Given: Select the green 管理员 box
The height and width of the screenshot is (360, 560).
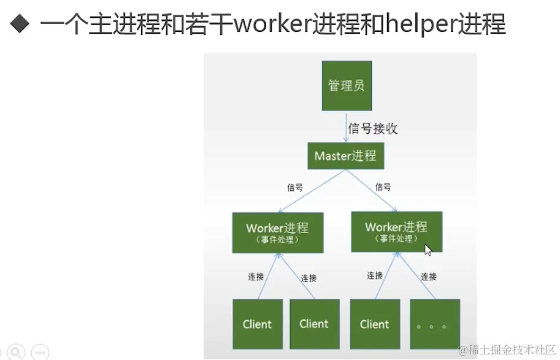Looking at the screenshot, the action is [x=347, y=85].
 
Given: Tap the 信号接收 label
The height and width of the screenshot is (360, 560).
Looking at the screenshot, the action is [x=373, y=128].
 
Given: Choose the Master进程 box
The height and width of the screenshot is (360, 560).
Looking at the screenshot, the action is [x=345, y=156].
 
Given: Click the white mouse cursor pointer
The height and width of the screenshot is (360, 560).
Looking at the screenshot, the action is [x=428, y=249].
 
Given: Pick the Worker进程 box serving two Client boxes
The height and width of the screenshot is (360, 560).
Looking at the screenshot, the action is [x=277, y=232].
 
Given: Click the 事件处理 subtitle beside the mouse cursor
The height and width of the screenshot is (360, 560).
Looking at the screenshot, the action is [x=396, y=239].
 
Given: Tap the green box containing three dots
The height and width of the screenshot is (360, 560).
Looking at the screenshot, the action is [x=435, y=324].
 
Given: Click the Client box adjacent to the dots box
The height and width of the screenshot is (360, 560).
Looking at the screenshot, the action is [x=375, y=324].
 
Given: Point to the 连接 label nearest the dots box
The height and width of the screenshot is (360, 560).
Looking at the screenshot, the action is [x=429, y=277].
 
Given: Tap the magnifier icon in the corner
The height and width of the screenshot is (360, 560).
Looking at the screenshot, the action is [x=17, y=351].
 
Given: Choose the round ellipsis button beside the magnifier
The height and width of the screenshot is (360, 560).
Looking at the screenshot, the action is [x=40, y=352].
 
